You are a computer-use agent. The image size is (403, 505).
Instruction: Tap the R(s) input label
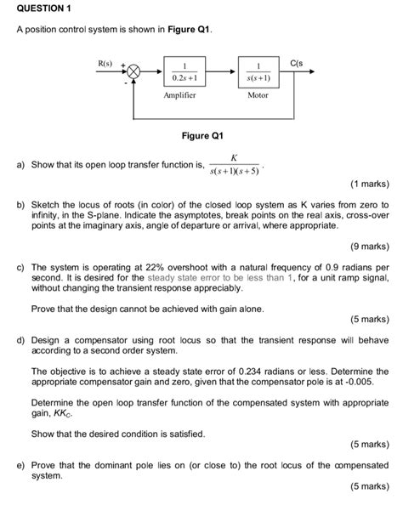point(105,63)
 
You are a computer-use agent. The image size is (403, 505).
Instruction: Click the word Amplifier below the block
point(179,95)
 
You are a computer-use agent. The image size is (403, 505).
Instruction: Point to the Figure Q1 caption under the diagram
point(201,135)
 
